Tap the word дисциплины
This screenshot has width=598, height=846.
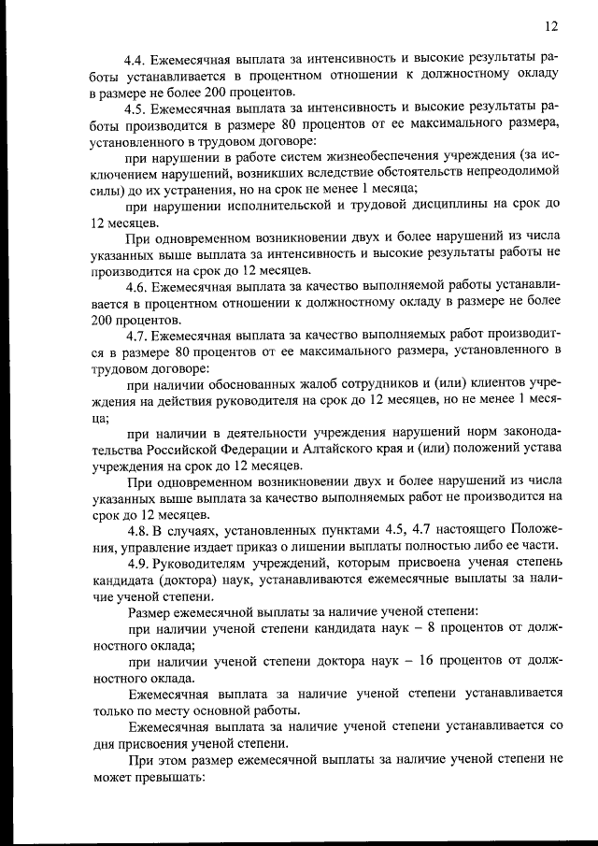(x=448, y=205)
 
